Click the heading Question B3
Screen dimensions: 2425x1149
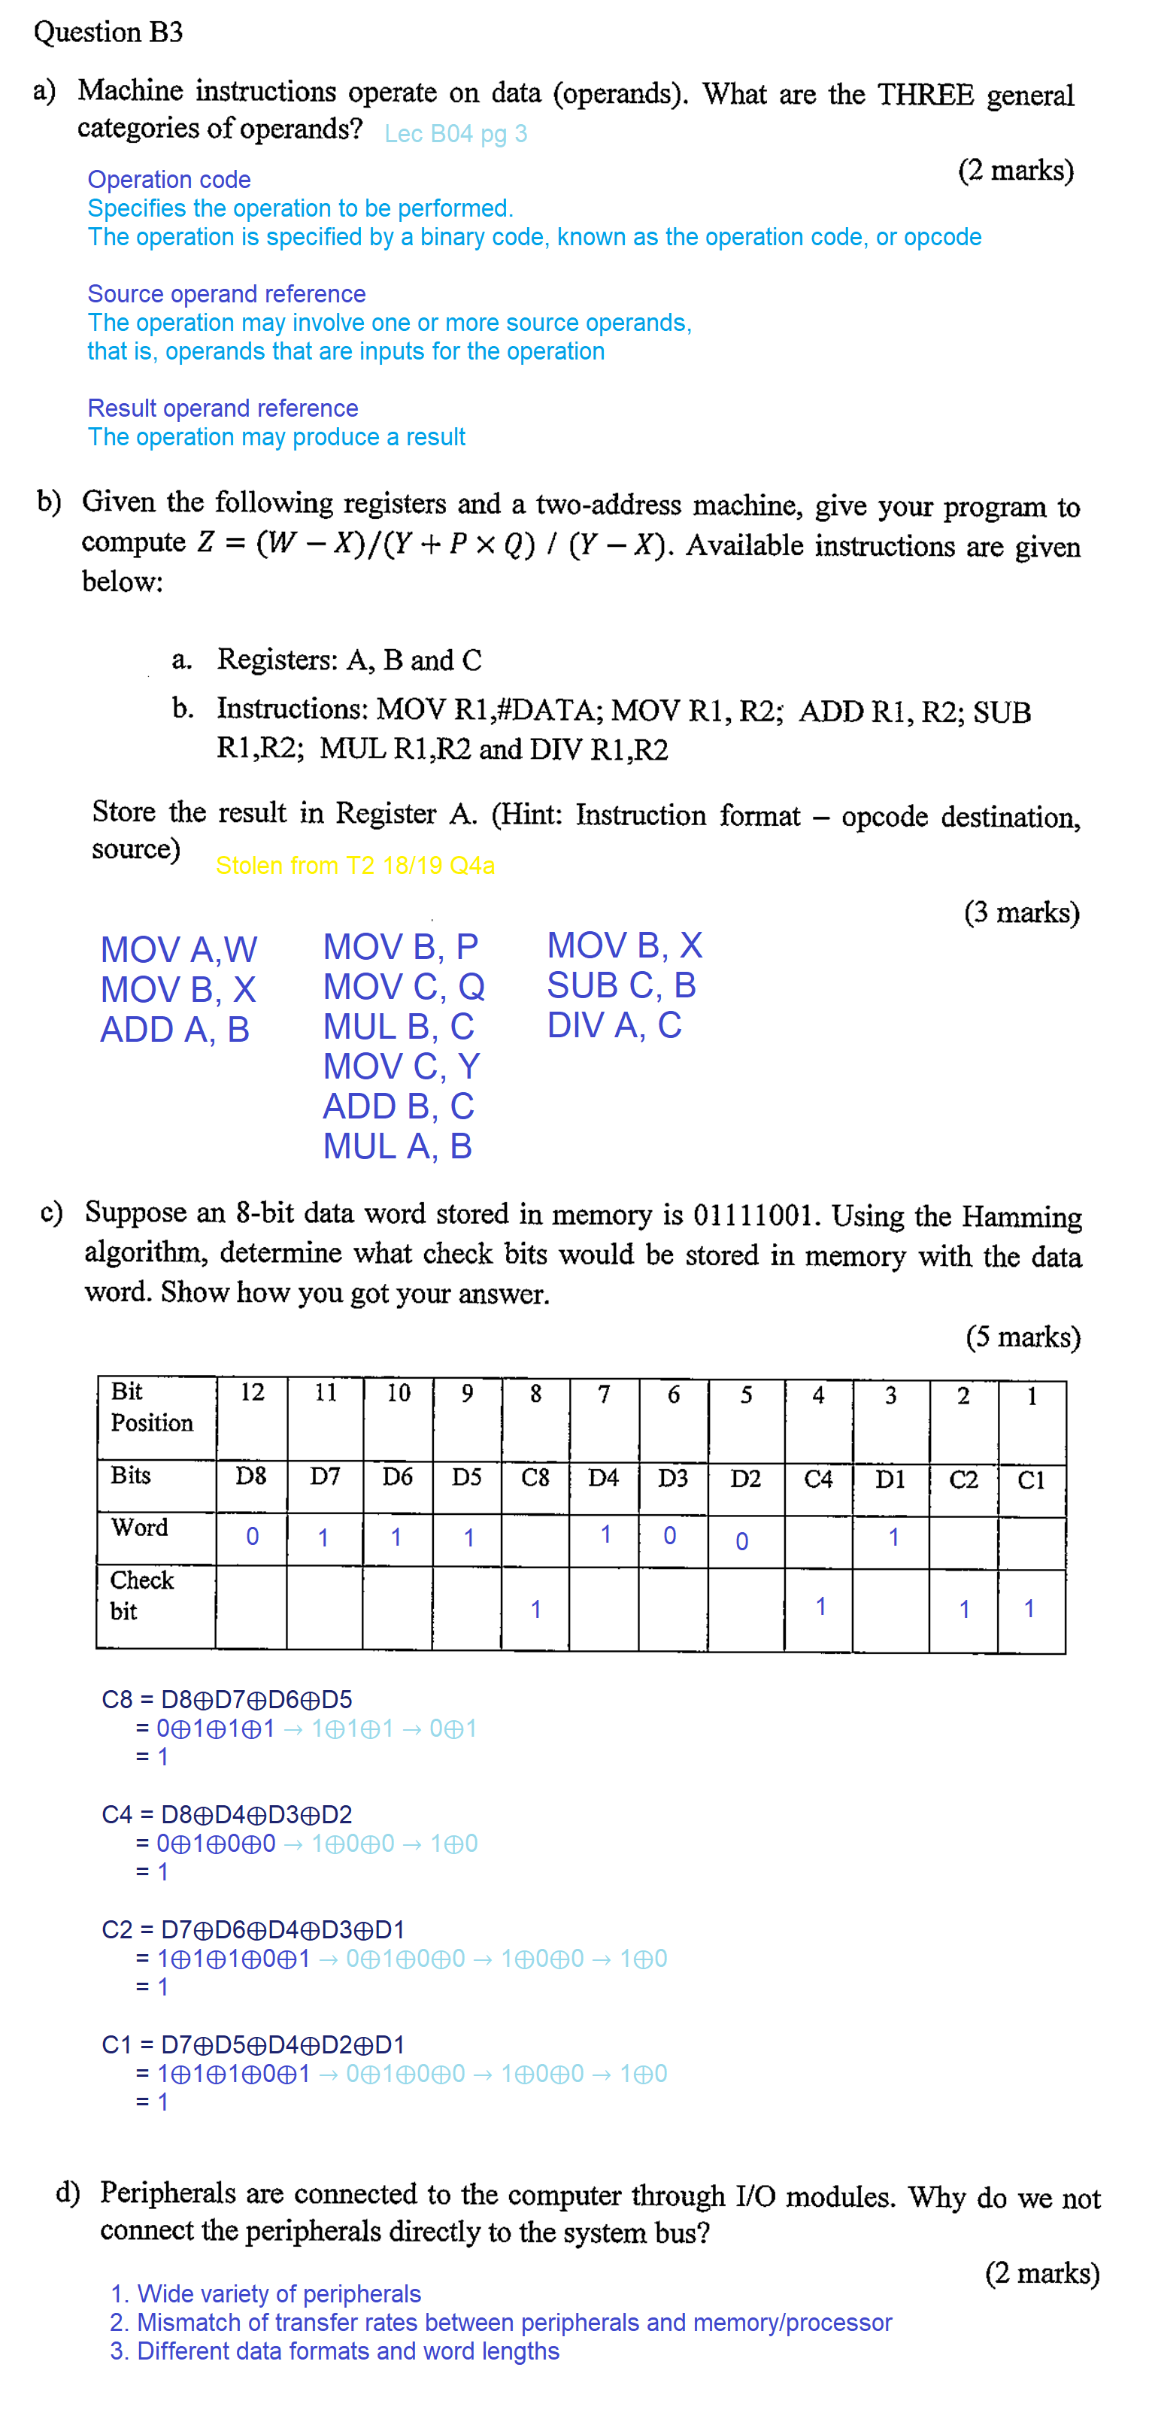[x=108, y=32]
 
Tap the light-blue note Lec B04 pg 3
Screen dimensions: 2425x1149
[x=456, y=134]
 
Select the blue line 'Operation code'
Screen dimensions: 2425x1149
[x=169, y=179]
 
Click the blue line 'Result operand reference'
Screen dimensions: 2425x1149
[x=223, y=408]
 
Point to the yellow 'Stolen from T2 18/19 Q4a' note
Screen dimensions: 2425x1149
[x=355, y=865]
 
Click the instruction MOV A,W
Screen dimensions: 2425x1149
[x=179, y=949]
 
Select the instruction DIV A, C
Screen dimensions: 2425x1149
[x=614, y=1025]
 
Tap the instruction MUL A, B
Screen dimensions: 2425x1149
[x=397, y=1146]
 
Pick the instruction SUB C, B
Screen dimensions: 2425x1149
[x=621, y=985]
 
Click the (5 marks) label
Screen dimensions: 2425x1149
[x=1023, y=1337]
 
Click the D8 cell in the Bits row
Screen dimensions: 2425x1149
[x=251, y=1476]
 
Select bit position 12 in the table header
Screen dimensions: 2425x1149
[x=251, y=1392]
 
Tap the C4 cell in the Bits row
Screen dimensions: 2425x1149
[x=817, y=1479]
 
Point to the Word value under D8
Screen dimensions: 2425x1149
[x=252, y=1537]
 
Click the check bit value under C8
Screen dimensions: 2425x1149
[x=535, y=1609]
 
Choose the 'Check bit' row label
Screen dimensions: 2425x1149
[x=141, y=1595]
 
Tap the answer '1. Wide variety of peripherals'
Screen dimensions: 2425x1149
[x=265, y=2293]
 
